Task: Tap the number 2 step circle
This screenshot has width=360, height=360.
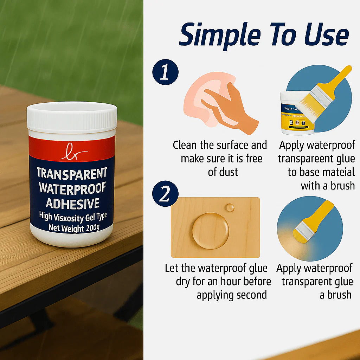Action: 165,194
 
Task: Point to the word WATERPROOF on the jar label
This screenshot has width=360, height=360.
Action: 72,188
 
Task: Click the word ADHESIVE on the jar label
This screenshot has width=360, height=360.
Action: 72,204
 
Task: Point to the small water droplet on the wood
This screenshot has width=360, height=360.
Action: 230,207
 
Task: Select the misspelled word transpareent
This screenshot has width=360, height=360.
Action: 303,159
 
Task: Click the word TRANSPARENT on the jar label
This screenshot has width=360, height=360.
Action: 72,173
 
